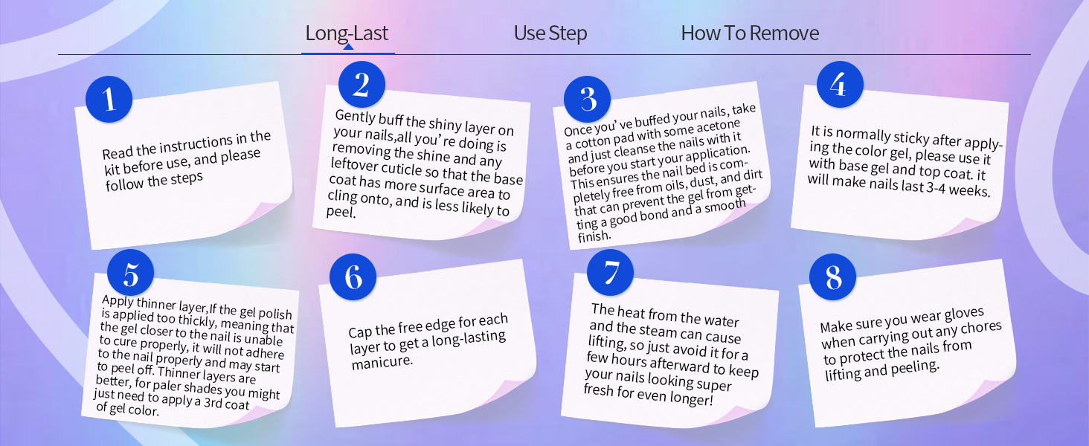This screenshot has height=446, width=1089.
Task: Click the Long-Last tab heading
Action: (x=347, y=33)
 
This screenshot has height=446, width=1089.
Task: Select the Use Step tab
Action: (x=550, y=33)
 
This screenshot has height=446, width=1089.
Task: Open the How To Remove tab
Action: (x=750, y=33)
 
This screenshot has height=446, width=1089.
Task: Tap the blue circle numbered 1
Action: (x=109, y=99)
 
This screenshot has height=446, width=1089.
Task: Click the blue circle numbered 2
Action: (x=362, y=85)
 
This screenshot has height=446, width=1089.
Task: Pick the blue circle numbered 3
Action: (x=588, y=99)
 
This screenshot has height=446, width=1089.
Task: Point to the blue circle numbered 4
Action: (x=840, y=85)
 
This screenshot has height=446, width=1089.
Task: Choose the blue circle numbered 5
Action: (x=130, y=273)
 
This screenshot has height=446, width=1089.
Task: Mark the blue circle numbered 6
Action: (x=353, y=277)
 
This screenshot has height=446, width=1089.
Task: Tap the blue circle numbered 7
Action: (x=610, y=273)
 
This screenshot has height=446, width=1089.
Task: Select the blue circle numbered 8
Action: (x=833, y=277)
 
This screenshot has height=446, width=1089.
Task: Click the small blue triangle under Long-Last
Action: (x=348, y=47)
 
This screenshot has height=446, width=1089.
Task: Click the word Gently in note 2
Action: (x=356, y=117)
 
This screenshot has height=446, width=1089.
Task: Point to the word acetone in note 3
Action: (x=719, y=127)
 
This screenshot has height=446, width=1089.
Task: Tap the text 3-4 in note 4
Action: (x=936, y=188)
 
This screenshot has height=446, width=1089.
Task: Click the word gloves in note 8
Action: (x=964, y=315)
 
